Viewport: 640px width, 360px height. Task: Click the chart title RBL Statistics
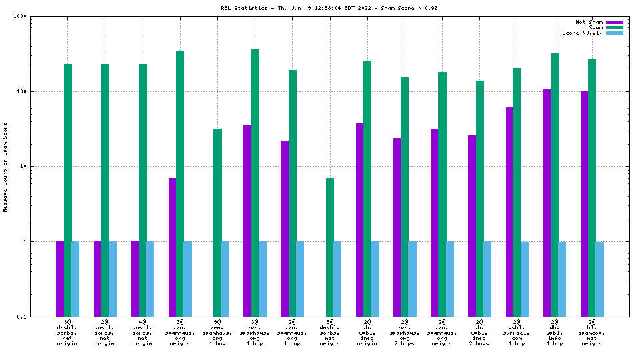click(245, 8)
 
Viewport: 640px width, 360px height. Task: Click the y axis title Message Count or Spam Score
click(5, 167)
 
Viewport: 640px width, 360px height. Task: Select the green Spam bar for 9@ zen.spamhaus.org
click(217, 223)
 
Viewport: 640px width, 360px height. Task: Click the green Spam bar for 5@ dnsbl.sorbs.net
click(330, 247)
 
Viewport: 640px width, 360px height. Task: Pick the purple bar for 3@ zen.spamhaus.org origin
click(172, 247)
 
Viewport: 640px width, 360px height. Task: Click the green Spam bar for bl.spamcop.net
click(592, 187)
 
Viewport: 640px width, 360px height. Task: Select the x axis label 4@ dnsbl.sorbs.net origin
click(142, 332)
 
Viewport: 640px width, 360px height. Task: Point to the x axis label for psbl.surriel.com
click(517, 332)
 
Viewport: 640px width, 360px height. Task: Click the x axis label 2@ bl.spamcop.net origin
click(592, 332)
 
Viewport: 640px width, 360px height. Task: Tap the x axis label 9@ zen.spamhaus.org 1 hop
click(217, 332)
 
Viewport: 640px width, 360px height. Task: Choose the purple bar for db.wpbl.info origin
click(359, 220)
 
